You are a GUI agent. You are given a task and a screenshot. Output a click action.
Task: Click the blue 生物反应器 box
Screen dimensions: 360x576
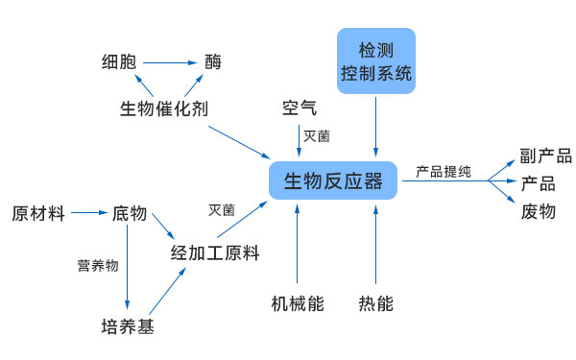coord(334,180)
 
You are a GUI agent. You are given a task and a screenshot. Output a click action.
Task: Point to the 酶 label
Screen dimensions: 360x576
coord(213,63)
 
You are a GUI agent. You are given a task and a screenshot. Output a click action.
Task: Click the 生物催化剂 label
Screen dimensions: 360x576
coord(163,108)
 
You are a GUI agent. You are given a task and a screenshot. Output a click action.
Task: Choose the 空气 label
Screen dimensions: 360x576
coord(299,107)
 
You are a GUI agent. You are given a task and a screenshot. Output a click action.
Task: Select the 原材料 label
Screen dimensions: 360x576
coord(38,213)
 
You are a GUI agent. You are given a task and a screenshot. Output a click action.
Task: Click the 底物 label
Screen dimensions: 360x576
coord(129,213)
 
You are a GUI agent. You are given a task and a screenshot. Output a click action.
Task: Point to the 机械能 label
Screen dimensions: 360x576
coord(298,304)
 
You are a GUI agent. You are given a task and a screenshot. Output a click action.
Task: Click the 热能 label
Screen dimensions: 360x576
coord(375,304)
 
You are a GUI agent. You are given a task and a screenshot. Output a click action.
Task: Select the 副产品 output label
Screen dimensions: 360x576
coord(545,156)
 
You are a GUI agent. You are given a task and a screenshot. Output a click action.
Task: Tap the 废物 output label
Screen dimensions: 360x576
coord(538,211)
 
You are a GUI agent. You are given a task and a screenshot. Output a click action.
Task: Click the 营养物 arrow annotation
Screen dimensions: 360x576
coord(98,265)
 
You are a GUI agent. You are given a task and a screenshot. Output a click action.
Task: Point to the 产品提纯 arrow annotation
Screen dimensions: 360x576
coord(444,172)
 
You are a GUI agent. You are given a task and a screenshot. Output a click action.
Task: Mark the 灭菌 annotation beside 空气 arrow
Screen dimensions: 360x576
coord(317,136)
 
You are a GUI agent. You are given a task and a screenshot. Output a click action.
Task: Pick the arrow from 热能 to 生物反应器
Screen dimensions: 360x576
coord(375,245)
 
